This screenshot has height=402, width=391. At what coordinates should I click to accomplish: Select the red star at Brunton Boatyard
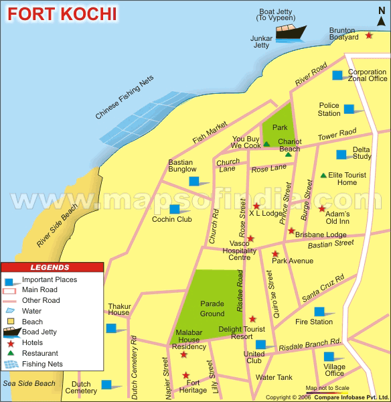(369, 35)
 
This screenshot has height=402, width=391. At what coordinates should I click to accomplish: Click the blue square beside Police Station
(349, 109)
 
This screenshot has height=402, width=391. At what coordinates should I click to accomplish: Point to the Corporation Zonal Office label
(367, 75)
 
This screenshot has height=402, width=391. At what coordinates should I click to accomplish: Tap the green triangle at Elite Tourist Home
(323, 176)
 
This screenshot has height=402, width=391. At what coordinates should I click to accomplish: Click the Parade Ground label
(212, 309)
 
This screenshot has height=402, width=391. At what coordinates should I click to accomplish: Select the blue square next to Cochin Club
(175, 209)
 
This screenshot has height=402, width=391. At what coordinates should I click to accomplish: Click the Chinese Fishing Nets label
(125, 97)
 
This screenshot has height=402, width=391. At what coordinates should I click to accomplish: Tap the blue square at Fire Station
(319, 311)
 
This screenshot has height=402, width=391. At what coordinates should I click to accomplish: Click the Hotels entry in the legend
(31, 342)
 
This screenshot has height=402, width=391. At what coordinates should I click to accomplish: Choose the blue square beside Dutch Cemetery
(106, 384)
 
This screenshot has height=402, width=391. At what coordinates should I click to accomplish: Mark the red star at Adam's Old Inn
(321, 208)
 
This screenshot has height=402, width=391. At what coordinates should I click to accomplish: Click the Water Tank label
(274, 377)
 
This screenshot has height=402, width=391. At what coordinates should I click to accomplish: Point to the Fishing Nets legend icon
(11, 364)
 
